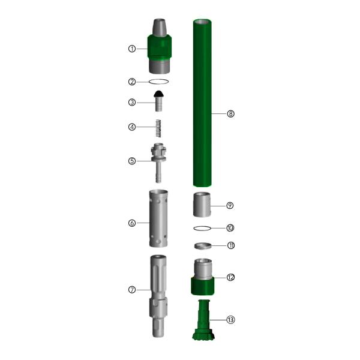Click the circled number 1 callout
point(132,49)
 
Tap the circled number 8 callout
point(230,113)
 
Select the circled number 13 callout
point(230,320)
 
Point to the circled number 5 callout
point(132,161)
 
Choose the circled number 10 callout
point(230,228)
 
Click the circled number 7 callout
point(132,290)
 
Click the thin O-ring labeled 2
point(158,82)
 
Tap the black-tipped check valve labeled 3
point(158,101)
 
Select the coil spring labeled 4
point(158,128)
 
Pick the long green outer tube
point(202,103)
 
